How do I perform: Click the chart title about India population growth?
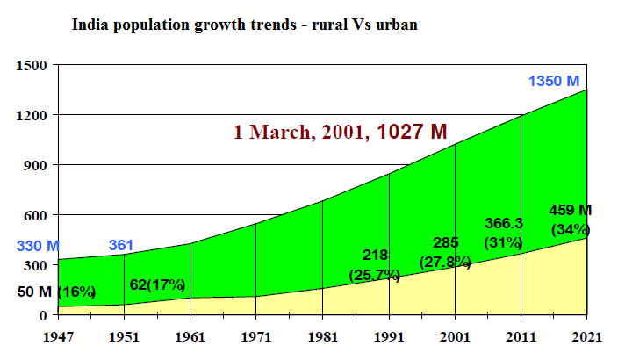click(243, 25)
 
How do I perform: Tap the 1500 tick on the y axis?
click(32, 66)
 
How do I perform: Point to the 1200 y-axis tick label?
click(32, 116)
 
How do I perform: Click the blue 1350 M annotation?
click(554, 82)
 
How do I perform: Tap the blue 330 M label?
click(38, 246)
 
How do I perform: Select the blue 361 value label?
click(124, 246)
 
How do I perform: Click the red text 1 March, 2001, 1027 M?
click(341, 132)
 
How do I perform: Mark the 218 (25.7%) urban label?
click(376, 265)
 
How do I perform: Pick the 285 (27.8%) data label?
click(446, 251)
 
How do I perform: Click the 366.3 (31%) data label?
click(504, 233)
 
